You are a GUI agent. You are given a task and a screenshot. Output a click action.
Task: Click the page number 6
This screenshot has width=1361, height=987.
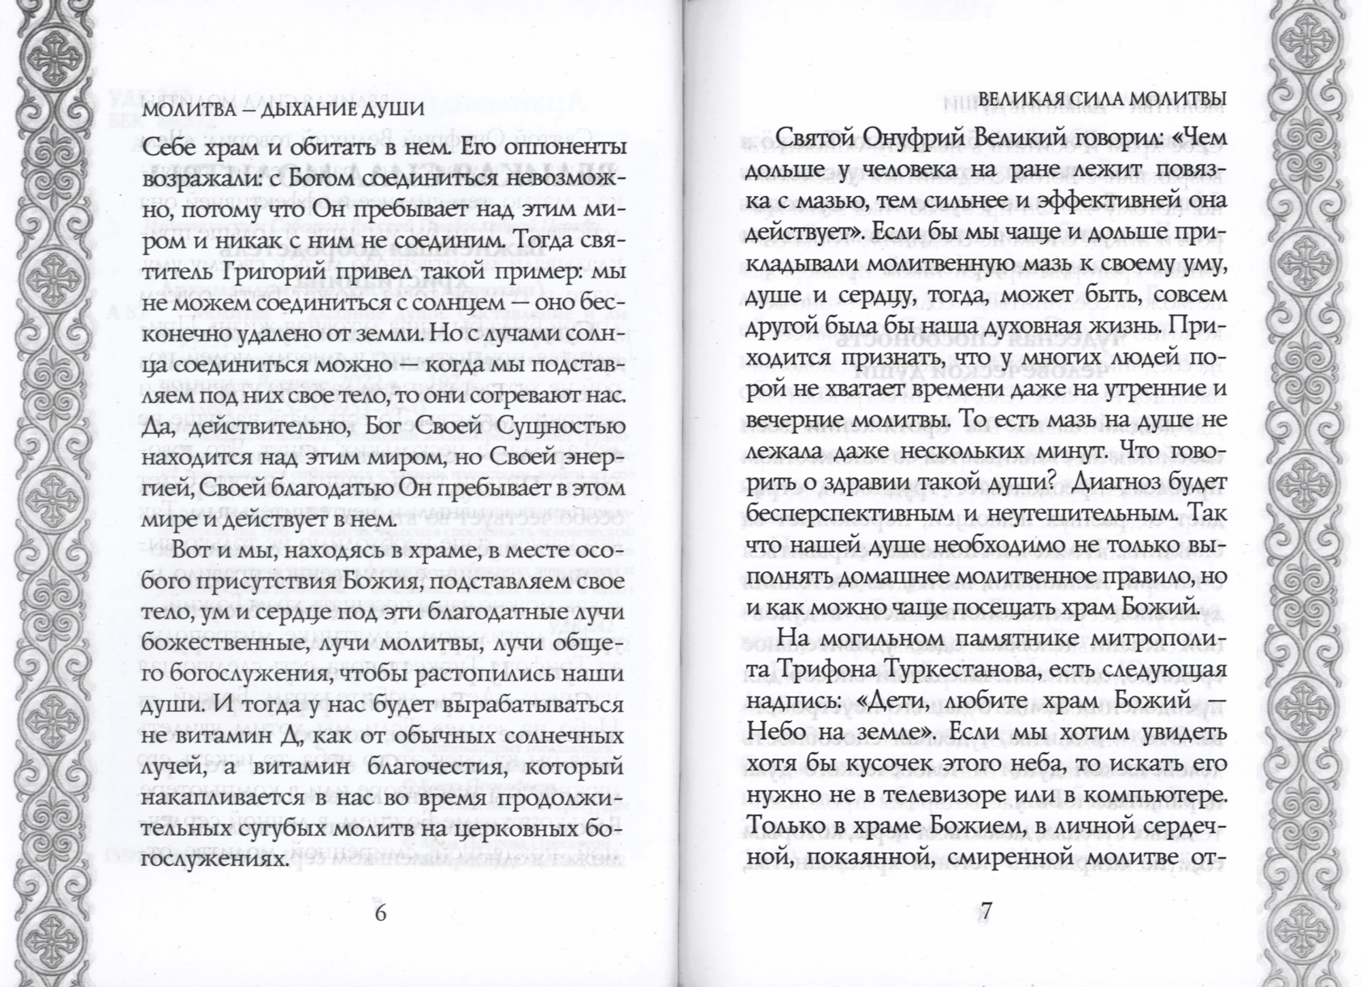click(380, 912)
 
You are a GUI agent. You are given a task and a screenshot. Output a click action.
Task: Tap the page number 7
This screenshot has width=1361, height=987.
click(986, 911)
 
